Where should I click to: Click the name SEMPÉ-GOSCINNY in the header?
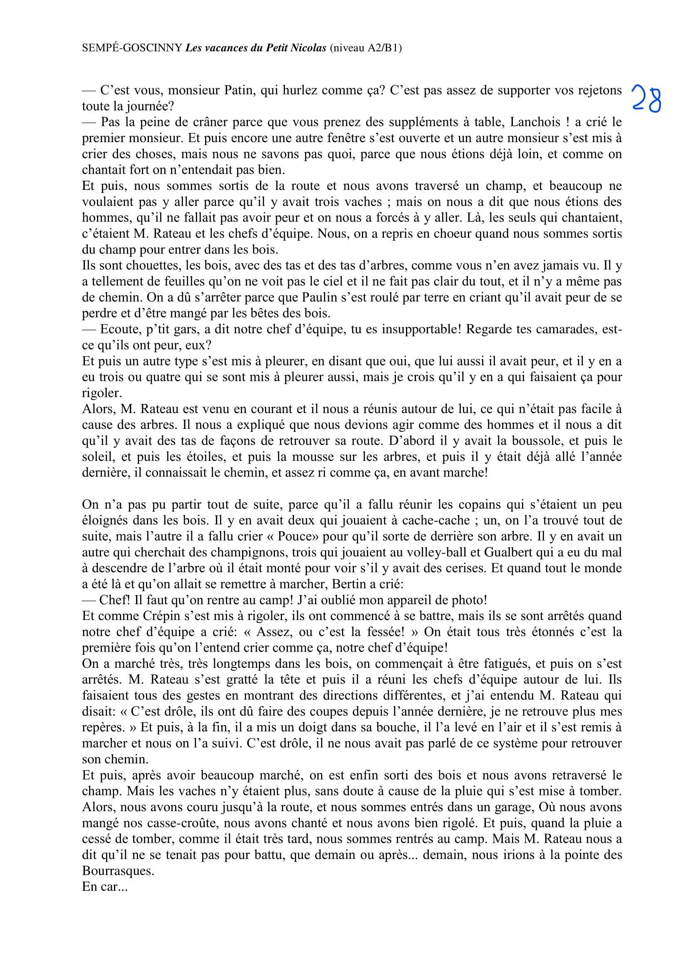coord(132,48)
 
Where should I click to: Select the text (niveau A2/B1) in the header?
coord(366,48)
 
